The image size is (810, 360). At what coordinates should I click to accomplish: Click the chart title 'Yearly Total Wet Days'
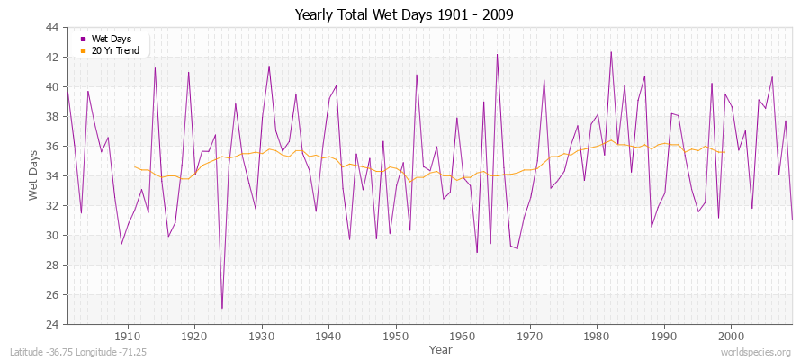click(405, 15)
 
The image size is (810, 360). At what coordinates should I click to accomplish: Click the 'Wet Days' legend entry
click(111, 39)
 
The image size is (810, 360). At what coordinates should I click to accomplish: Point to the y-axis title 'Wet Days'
click(33, 177)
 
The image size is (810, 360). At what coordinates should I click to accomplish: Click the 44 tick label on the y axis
click(52, 28)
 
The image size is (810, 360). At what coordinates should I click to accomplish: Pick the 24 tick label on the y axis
click(52, 324)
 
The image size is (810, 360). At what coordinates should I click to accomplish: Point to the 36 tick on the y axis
click(52, 147)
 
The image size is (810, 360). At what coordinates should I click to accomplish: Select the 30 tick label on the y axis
click(52, 235)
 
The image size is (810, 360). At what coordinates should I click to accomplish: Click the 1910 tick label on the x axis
click(127, 336)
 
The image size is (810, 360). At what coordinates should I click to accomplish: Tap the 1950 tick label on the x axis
click(395, 336)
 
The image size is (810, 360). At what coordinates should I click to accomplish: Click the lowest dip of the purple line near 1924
click(221, 309)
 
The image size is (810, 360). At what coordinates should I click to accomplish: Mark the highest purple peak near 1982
click(611, 52)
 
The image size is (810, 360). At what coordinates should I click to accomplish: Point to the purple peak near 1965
click(497, 54)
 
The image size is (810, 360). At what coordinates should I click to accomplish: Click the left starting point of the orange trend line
click(134, 166)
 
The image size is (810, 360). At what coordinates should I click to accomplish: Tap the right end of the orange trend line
click(724, 152)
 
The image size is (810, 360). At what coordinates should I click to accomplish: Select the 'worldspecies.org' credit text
click(755, 353)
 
